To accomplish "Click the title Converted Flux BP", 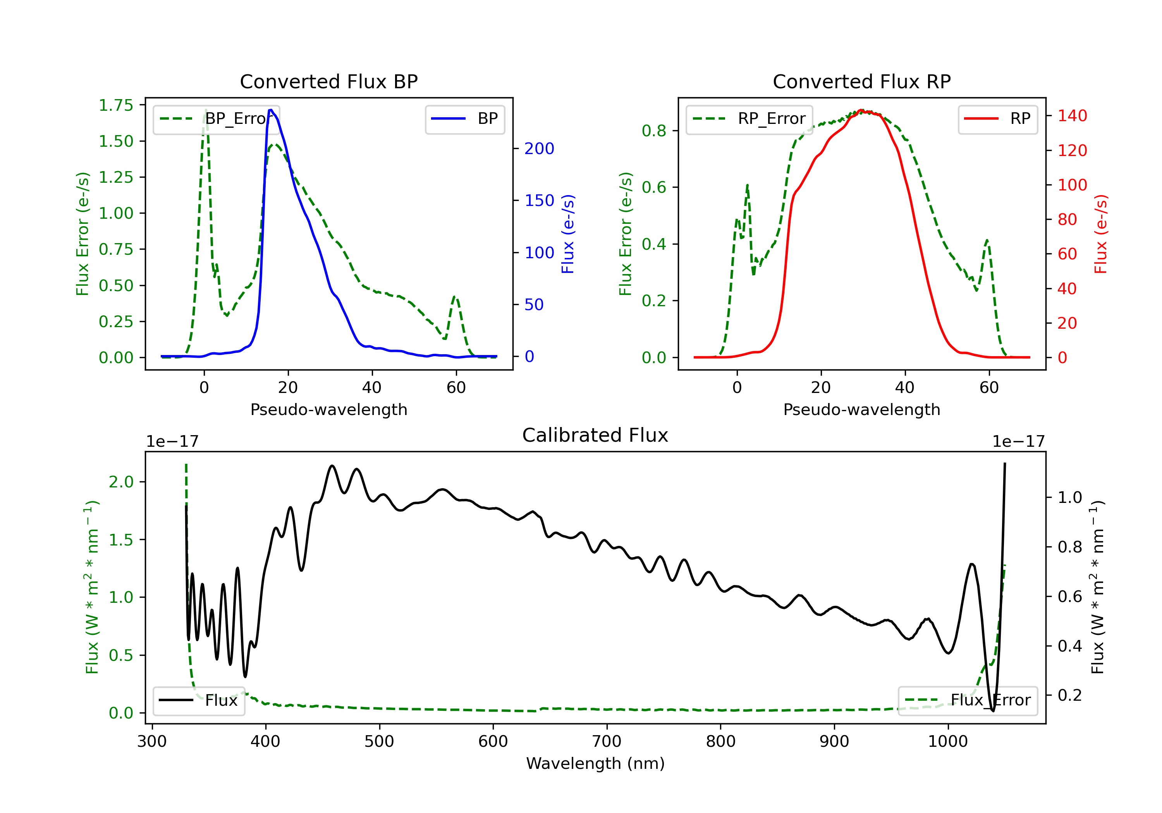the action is pos(328,81).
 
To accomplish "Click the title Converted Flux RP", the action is pos(861,81).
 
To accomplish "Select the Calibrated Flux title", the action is pos(595,435).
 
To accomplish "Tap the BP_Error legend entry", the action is pos(216,119).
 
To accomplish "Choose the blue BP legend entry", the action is pos(464,119).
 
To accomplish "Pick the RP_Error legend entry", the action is pos(749,119).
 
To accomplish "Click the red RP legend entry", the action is pos(997,119).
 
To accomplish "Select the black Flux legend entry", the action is pos(198,700).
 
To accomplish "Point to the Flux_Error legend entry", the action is pos(967,700).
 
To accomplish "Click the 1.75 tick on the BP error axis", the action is pos(116,105).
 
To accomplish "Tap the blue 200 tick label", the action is pos(539,149).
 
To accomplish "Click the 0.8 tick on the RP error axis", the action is pos(654,130).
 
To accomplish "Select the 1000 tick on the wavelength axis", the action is pos(947,742).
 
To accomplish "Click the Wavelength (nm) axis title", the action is pos(595,763).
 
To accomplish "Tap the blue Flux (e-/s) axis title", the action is pos(568,234).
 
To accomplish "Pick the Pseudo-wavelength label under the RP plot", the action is pos(861,409).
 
